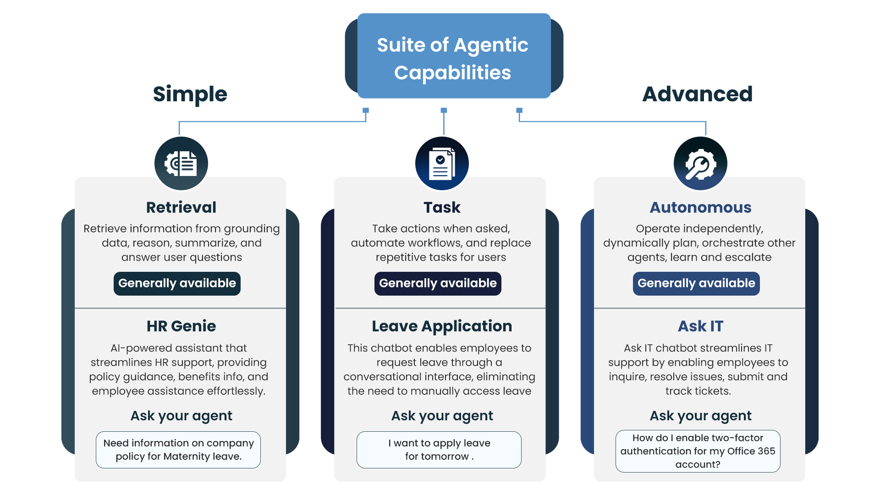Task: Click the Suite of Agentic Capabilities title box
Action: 453,57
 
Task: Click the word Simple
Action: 190,94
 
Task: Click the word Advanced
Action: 697,94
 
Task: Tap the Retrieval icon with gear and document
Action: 181,164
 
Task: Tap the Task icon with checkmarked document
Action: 442,164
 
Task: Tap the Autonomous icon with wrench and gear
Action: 700,164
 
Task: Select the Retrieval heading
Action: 181,207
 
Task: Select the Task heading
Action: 442,207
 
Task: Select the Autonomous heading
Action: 700,207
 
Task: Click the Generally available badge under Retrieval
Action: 177,283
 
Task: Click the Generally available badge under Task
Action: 438,283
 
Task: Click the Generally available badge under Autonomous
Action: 696,283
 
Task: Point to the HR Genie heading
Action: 181,326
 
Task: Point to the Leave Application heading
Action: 442,326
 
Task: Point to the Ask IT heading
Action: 700,326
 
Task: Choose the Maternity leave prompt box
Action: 178,450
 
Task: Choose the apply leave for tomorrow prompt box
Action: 439,450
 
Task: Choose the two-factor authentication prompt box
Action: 698,451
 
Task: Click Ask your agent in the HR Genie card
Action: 181,416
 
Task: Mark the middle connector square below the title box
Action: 444,110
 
